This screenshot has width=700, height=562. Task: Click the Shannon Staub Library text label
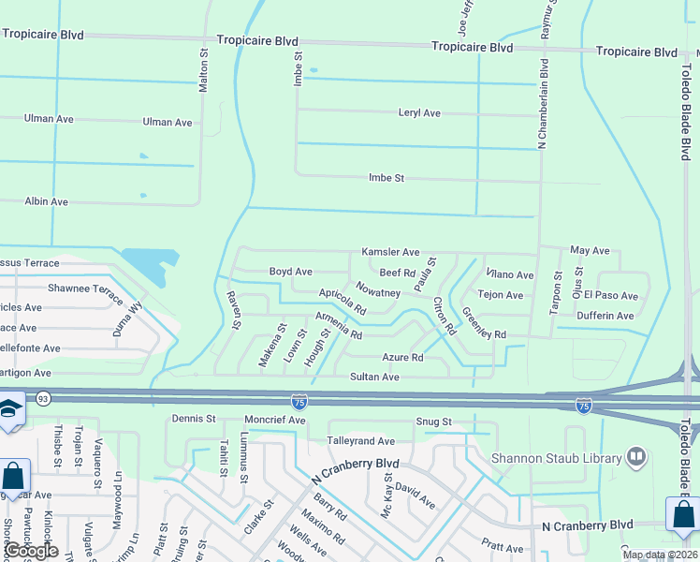pos(558,458)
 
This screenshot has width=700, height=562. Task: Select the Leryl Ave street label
pos(419,113)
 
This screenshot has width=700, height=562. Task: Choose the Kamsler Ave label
pos(390,253)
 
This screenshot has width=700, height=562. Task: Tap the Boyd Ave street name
pos(291,272)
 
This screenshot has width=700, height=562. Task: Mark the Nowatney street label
pos(378,292)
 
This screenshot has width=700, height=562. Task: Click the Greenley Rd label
pos(484,323)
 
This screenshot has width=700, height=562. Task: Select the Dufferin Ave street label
pos(605,316)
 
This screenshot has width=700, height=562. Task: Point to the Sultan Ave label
pos(374,377)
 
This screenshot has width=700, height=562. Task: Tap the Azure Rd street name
pos(403,357)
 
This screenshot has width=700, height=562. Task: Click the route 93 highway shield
pos(43,400)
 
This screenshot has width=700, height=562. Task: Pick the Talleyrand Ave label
pos(360,440)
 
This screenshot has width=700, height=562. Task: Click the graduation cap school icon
pos(9,410)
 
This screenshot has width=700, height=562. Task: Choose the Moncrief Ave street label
pos(275,421)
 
